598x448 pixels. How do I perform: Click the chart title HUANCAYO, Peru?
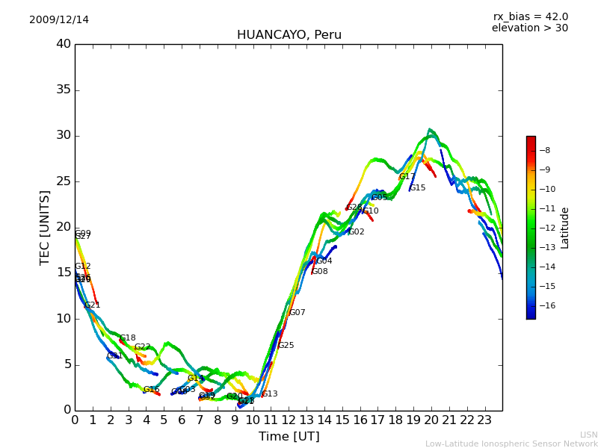tap(289, 35)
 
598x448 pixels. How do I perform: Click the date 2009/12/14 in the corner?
tap(59, 19)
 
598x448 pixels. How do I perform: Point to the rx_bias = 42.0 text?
tap(530, 16)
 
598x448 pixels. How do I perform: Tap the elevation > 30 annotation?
tap(530, 28)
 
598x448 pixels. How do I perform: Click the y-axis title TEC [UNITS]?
tap(45, 227)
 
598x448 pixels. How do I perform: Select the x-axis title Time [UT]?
tap(289, 436)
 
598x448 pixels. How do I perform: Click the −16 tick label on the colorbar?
tap(549, 305)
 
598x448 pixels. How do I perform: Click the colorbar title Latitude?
tap(565, 227)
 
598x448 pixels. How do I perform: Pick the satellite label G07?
tap(298, 313)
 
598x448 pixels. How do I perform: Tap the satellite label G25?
tap(286, 346)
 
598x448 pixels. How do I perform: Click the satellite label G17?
tap(407, 177)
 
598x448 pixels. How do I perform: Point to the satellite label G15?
tap(418, 188)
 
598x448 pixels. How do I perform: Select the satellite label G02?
tap(357, 232)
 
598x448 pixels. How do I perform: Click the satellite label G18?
tap(128, 338)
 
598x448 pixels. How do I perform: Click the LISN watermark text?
tap(588, 435)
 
